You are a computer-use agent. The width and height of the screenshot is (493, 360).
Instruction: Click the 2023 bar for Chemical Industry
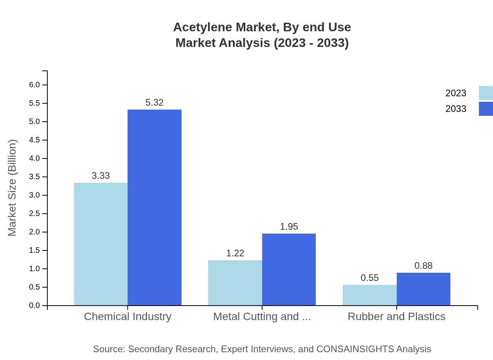[101, 244]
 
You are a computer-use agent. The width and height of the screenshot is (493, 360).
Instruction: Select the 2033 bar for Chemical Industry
[155, 207]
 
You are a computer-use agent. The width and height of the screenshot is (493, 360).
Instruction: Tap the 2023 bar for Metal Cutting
[235, 283]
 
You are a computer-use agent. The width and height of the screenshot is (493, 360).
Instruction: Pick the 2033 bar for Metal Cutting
[289, 269]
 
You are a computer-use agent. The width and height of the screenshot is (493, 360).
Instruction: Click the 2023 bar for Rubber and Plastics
[370, 295]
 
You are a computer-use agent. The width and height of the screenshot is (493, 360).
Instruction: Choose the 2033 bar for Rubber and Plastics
[423, 289]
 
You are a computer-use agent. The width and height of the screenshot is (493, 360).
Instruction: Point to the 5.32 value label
[155, 103]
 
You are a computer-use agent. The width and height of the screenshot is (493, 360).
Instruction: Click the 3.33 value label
[101, 176]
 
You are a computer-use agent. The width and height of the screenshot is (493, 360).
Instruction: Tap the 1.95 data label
[289, 227]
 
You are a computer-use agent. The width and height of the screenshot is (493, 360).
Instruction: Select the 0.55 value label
[370, 278]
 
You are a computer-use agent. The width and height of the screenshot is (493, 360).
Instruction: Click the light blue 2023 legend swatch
[486, 93]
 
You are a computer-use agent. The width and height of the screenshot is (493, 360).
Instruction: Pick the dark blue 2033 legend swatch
[486, 109]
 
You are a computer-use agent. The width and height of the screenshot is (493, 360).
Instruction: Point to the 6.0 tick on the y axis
[34, 85]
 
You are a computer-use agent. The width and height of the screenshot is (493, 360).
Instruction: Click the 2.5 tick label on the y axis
[34, 214]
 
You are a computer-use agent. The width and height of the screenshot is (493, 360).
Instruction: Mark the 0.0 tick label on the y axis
[34, 306]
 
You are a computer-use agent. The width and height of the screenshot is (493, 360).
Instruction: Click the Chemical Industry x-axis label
[128, 316]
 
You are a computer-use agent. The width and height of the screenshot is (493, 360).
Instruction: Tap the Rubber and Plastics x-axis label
[396, 316]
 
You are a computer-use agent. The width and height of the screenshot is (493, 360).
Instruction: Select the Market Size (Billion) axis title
[12, 188]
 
